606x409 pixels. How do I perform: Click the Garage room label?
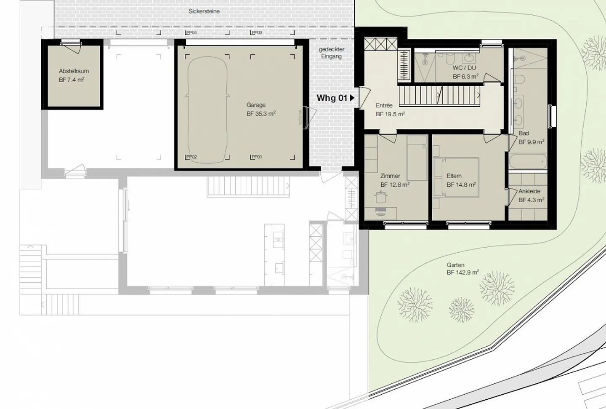pyautogui.click(x=256, y=105)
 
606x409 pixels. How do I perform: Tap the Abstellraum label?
pyautogui.click(x=74, y=71)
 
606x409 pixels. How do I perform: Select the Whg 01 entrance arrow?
pyautogui.click(x=352, y=98)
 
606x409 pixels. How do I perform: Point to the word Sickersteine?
pyautogui.click(x=204, y=11)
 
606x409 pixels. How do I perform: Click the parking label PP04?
pyautogui.click(x=191, y=33)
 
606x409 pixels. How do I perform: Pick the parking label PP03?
pyautogui.click(x=257, y=33)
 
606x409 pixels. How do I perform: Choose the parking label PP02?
pyautogui.click(x=191, y=157)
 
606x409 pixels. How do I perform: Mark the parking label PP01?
pyautogui.click(x=257, y=157)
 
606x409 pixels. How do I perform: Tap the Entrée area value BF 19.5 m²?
pyautogui.click(x=390, y=114)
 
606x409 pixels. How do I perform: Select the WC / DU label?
pyautogui.click(x=464, y=68)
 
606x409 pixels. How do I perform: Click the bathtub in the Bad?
pyautogui.click(x=527, y=161)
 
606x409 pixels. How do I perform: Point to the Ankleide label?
pyautogui.click(x=529, y=191)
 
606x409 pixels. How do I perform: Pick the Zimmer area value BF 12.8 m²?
pyautogui.click(x=395, y=184)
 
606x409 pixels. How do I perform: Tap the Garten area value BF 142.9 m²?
pyautogui.click(x=462, y=273)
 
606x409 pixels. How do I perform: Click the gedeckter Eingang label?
pyautogui.click(x=331, y=53)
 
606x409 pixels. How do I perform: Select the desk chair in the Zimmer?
pyautogui.click(x=381, y=197)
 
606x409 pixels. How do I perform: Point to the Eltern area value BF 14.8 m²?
pyautogui.click(x=461, y=184)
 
